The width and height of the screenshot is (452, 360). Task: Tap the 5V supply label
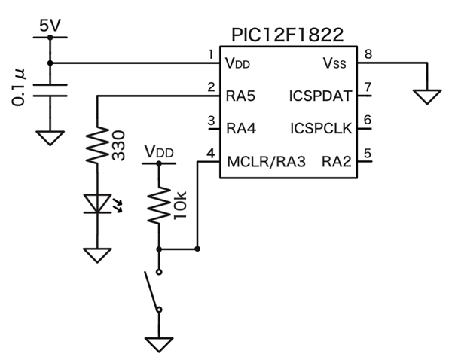click(50, 26)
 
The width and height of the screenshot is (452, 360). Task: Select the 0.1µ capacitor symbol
click(50, 89)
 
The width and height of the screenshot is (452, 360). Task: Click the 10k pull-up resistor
click(159, 205)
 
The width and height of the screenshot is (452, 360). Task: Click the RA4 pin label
click(241, 128)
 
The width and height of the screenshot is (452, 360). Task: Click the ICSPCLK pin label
click(320, 128)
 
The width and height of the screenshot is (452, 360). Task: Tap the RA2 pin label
click(336, 160)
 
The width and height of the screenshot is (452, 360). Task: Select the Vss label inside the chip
click(334, 63)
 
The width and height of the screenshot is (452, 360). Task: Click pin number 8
click(368, 54)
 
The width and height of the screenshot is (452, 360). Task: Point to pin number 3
click(212, 120)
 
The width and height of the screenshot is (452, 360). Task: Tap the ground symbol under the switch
click(159, 343)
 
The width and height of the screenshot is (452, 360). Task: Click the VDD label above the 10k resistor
click(158, 153)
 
